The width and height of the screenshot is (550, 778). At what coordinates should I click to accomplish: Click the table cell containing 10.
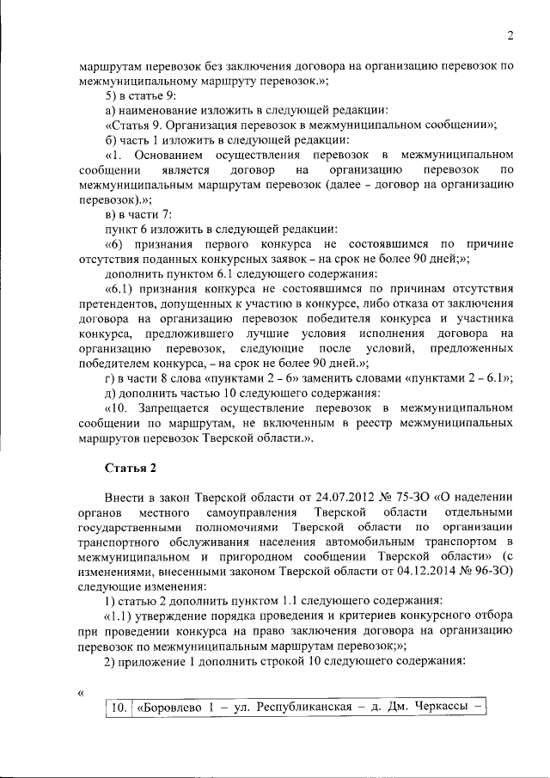[118, 708]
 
